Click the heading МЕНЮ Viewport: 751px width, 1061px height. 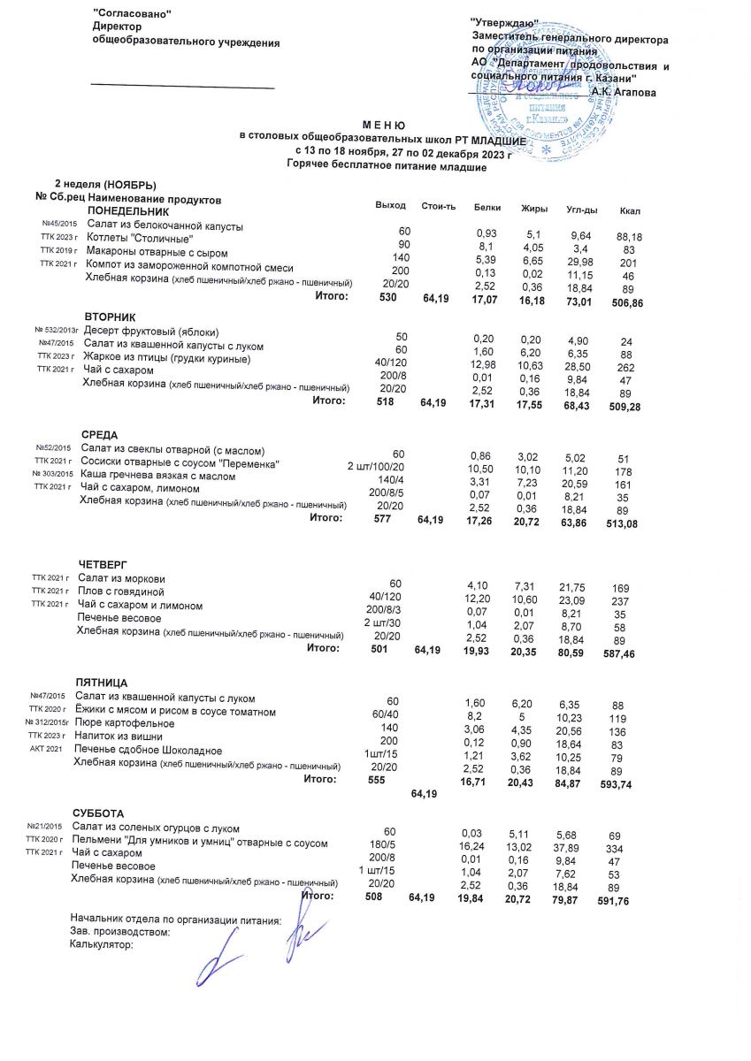(x=383, y=127)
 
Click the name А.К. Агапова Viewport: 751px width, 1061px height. (x=625, y=91)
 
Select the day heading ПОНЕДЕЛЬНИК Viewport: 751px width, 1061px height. (x=127, y=212)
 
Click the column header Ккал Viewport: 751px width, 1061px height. (x=631, y=210)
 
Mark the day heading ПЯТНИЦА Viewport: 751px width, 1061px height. (x=102, y=683)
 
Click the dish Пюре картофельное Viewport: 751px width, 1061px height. (x=125, y=723)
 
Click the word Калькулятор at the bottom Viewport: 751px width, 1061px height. (x=101, y=944)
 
